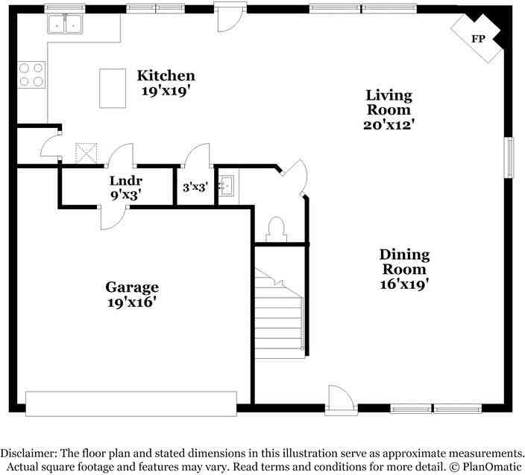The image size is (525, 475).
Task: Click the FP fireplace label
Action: (478, 39)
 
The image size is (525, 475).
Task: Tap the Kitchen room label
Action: (166, 75)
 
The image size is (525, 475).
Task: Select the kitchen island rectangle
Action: (113, 89)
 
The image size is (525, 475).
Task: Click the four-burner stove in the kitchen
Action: (31, 74)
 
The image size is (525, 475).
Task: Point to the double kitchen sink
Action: (65, 23)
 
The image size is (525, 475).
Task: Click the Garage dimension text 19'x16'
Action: (132, 302)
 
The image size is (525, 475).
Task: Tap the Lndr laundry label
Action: (126, 181)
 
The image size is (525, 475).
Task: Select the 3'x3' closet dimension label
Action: (195, 187)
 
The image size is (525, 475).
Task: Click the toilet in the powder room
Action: (277, 229)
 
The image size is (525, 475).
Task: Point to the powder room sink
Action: (227, 185)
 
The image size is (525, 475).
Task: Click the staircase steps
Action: (279, 313)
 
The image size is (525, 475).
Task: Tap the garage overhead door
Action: (131, 404)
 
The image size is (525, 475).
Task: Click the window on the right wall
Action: (509, 157)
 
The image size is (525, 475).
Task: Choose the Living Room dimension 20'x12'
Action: (389, 124)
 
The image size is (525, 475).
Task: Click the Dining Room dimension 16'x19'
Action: (404, 284)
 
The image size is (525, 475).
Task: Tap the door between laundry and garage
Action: (114, 218)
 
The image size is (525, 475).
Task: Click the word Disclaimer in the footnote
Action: (28, 453)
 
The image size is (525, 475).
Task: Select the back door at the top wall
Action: (230, 17)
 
